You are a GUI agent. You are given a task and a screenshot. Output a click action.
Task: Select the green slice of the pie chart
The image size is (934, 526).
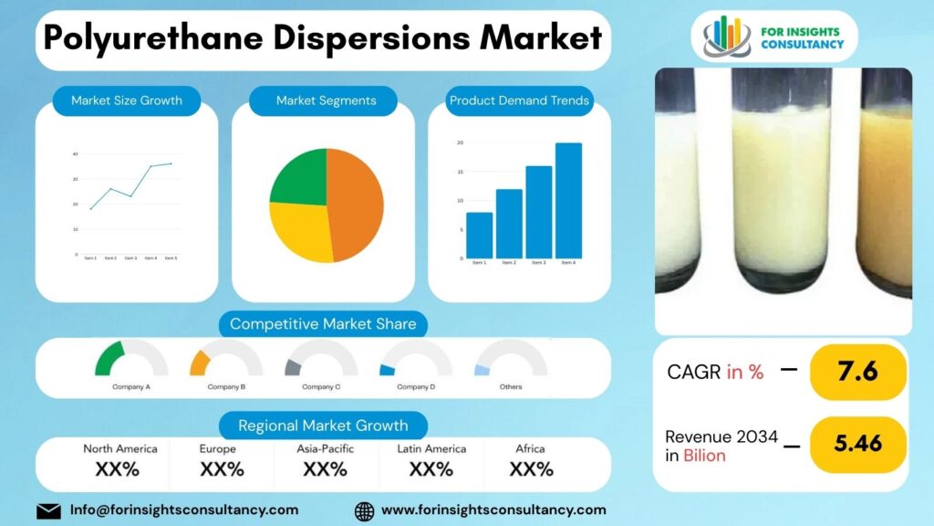point(299,178)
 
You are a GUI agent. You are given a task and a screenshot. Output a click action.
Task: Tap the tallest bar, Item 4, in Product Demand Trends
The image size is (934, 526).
point(568,200)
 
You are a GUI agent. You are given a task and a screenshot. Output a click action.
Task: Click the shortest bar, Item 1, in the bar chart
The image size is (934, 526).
point(479,235)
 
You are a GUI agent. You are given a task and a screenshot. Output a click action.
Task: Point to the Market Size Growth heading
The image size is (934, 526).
point(127,100)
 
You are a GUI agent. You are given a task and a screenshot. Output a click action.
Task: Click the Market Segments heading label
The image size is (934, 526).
point(326,100)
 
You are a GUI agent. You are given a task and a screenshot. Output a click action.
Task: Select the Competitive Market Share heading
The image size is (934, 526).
point(323,324)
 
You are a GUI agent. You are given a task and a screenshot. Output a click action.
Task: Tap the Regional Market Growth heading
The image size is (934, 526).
point(323,426)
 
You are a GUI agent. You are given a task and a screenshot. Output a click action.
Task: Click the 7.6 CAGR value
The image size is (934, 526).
point(857,372)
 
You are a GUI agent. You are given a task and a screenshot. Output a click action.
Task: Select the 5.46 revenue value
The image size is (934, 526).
point(857,444)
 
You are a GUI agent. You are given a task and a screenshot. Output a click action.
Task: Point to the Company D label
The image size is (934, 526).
point(416,387)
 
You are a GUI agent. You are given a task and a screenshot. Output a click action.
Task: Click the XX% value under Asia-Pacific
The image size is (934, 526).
point(325,469)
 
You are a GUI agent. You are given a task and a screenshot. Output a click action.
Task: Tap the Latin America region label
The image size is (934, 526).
point(431,448)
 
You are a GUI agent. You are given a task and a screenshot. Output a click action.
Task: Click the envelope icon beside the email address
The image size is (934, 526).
point(48,510)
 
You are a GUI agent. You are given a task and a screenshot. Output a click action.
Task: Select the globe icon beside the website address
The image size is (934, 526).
point(365,510)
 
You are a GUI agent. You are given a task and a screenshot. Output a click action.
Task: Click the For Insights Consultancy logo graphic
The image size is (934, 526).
point(726,36)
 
